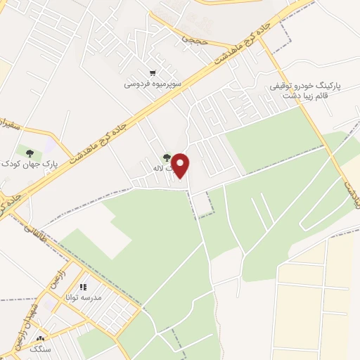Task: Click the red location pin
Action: click(181, 165)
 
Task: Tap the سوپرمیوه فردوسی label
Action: click(153, 83)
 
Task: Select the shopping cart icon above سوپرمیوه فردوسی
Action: click(153, 72)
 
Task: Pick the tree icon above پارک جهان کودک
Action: click(29, 153)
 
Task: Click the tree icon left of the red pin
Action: click(167, 158)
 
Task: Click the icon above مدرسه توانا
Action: click(83, 287)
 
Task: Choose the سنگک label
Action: click(32, 339)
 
